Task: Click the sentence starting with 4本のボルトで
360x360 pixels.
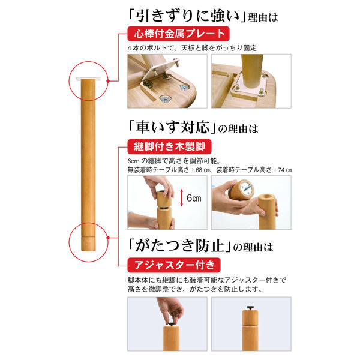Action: pyautogui.click(x=193, y=47)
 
